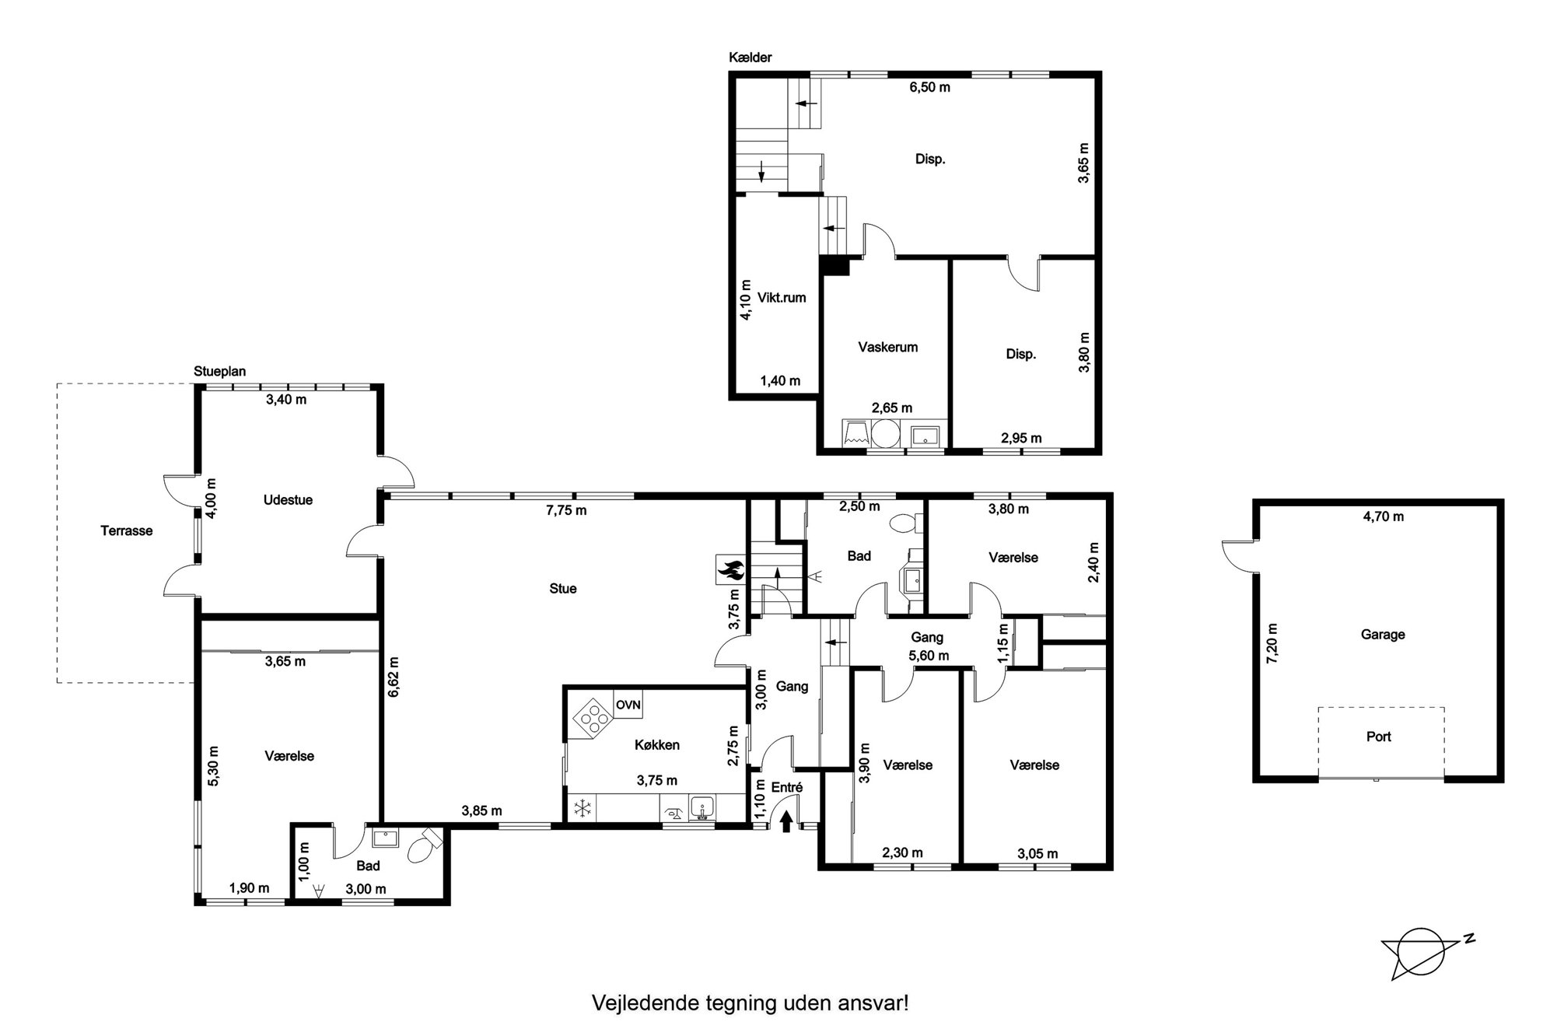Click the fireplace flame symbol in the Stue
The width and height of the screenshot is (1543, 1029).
[730, 569]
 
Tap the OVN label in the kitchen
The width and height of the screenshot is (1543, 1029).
[628, 705]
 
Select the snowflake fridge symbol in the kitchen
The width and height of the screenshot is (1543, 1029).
[582, 809]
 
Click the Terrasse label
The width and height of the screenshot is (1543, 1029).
[127, 531]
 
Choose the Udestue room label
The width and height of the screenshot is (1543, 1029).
[288, 500]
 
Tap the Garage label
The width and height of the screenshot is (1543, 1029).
[1383, 635]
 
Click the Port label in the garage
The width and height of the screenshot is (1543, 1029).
[1379, 737]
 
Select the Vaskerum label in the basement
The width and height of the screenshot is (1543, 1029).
[888, 347]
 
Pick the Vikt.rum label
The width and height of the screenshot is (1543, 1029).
[782, 298]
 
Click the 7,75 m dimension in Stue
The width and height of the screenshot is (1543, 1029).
[566, 510]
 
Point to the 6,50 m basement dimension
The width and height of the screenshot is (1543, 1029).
[930, 87]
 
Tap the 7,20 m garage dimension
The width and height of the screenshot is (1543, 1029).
[1273, 643]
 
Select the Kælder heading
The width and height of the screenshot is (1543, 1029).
[751, 58]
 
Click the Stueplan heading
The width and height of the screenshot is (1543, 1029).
[220, 371]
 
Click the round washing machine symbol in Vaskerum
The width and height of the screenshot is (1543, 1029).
[885, 433]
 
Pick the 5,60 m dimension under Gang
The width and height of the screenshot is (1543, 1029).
[929, 656]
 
